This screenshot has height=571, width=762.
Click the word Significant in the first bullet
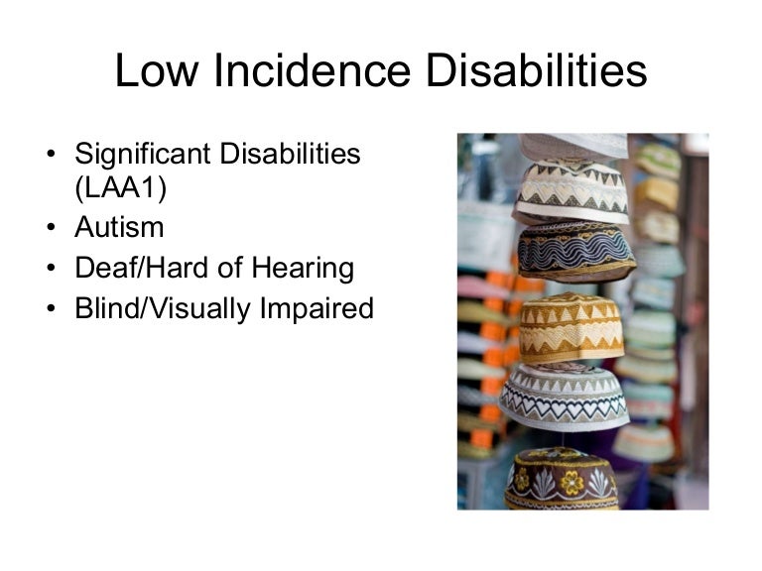(x=141, y=156)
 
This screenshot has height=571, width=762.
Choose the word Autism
(x=119, y=227)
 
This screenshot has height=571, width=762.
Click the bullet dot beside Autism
(x=51, y=228)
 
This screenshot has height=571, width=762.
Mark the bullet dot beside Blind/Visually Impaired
(x=51, y=309)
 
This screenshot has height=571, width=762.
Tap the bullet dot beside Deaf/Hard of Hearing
(x=51, y=269)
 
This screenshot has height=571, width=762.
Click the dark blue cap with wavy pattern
(x=576, y=251)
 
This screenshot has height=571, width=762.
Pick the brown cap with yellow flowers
(x=562, y=480)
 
